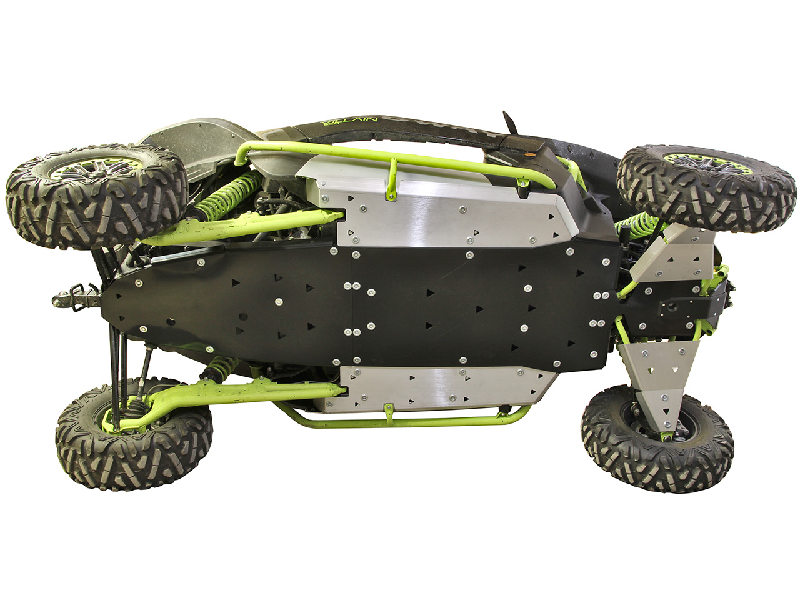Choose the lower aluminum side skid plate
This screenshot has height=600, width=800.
click(437, 387)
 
